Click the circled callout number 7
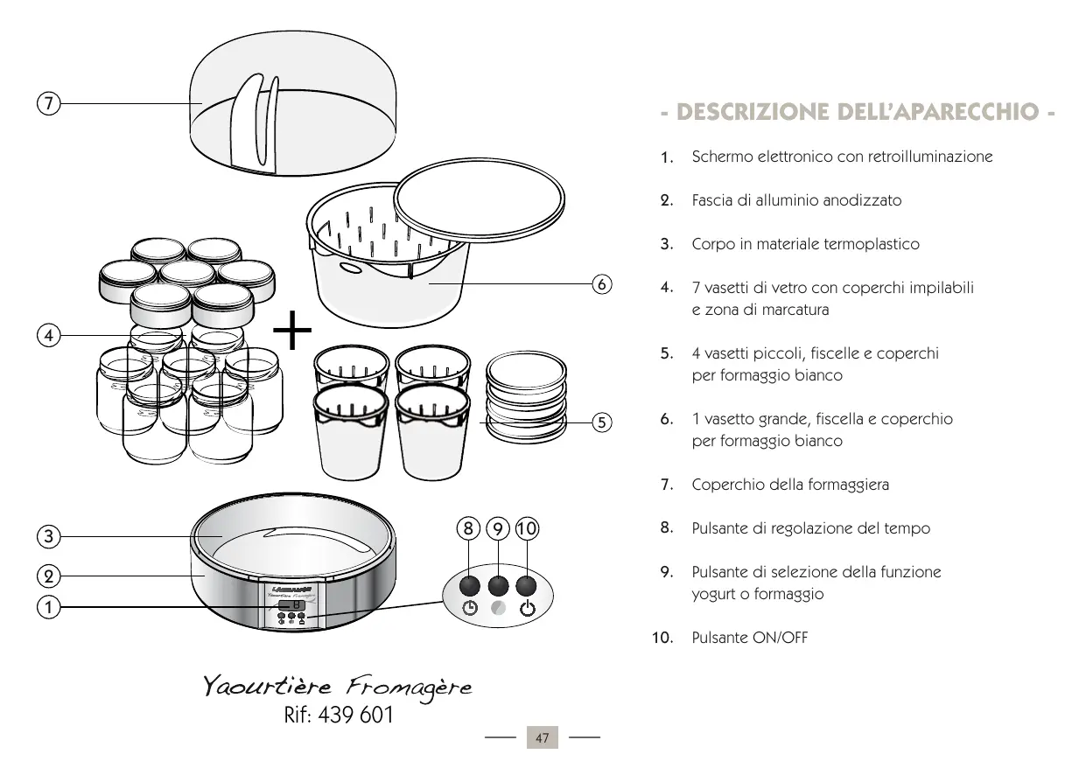[49, 103]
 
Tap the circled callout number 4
[49, 334]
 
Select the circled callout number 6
[601, 284]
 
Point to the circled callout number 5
[601, 422]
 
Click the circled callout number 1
[49, 606]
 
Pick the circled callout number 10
[527, 528]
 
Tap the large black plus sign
[292, 333]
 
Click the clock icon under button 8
[471, 610]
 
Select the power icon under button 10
[528, 610]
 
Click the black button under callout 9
[498, 585]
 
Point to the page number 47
[542, 739]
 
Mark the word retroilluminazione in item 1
[930, 157]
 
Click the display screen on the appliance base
[291, 604]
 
